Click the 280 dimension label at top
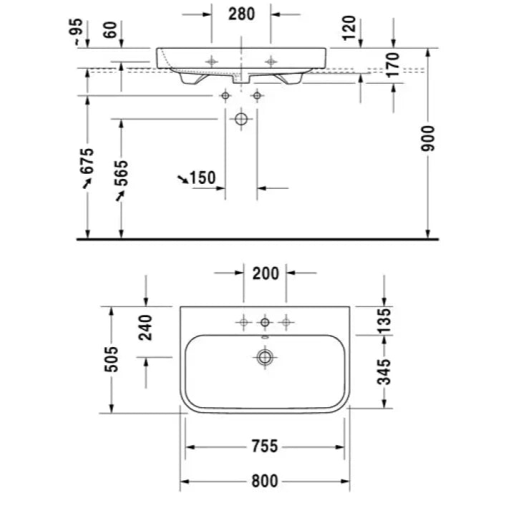(241, 14)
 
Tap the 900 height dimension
(428, 138)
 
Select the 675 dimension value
(87, 161)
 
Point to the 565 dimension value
(121, 174)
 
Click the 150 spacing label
(203, 177)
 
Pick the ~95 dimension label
(76, 31)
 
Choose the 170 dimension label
(392, 65)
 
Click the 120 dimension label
(349, 28)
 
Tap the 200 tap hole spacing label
(266, 273)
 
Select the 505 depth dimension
(112, 359)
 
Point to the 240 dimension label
(145, 328)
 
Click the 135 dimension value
(384, 321)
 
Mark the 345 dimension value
(384, 372)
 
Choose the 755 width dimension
(265, 447)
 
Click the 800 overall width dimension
(265, 481)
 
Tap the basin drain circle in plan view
(265, 357)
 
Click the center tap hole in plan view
(265, 322)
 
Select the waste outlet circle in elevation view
(241, 119)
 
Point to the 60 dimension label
(110, 30)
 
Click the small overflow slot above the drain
(265, 338)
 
